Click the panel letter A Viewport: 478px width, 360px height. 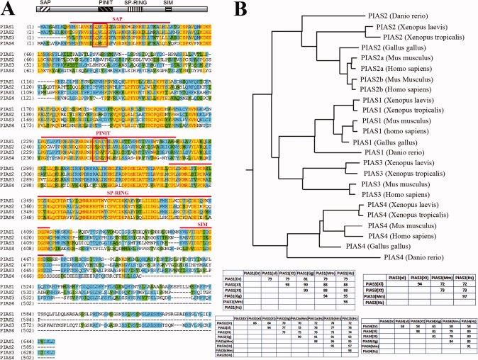point(6,9)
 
